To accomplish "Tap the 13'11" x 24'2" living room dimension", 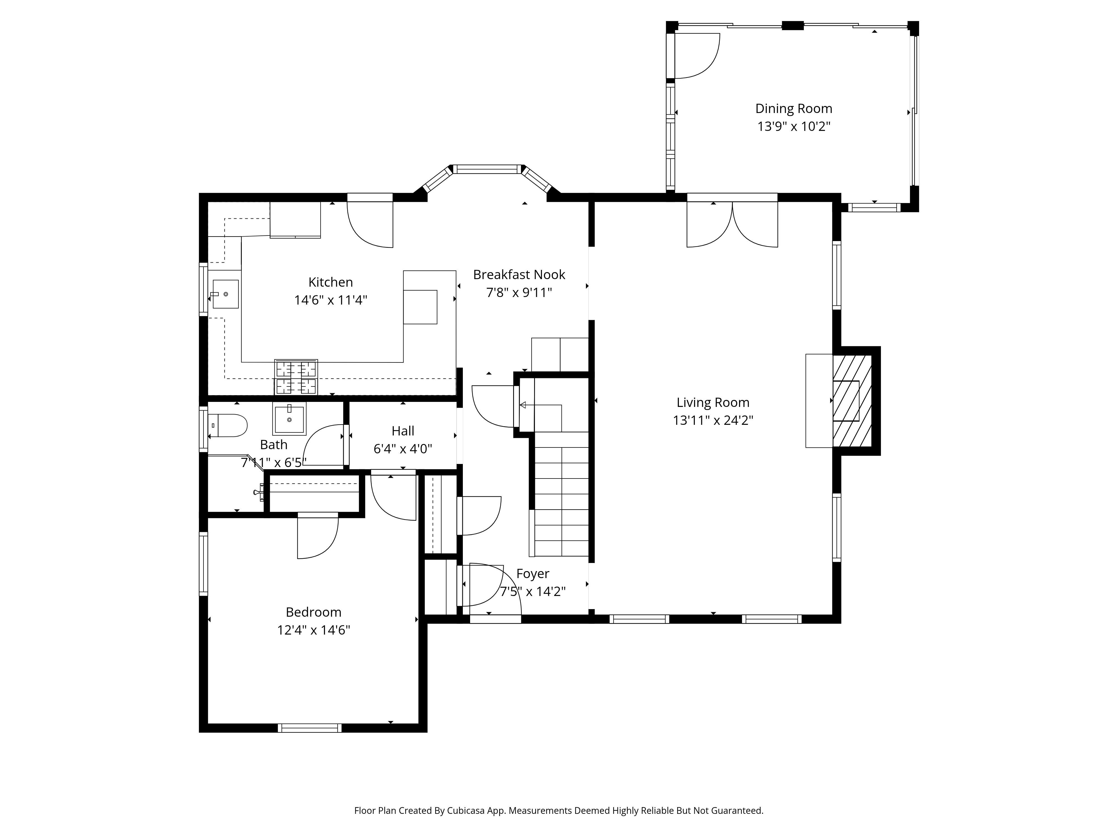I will [713, 421].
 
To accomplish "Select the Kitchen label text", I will [331, 282].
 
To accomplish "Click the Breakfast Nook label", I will [519, 275].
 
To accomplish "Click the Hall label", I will [403, 431].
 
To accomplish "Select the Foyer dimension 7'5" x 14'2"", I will [533, 591].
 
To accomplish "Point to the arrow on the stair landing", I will [523, 405].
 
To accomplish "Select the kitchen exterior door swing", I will [370, 225].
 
